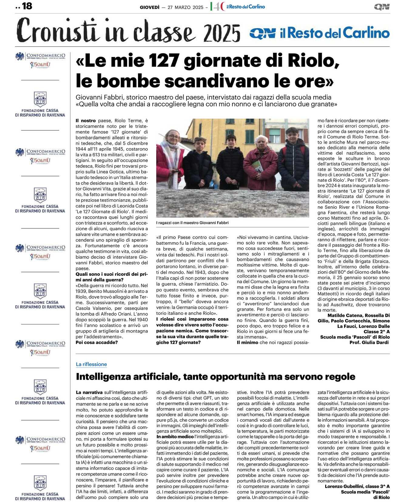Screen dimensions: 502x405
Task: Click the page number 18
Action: (27, 6)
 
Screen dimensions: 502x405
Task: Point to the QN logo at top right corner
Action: (382, 7)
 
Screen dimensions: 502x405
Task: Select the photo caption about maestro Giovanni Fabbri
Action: (192, 223)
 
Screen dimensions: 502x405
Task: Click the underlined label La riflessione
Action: (91, 364)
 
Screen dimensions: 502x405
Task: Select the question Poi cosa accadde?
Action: (96, 342)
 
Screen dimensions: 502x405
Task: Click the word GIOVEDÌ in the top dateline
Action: (150, 7)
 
